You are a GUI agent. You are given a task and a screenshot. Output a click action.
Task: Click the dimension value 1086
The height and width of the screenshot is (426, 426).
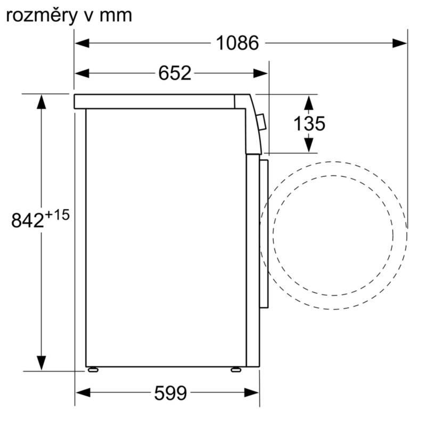pyautogui.click(x=237, y=43)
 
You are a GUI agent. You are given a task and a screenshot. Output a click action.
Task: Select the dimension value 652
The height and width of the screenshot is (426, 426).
pyautogui.click(x=174, y=73)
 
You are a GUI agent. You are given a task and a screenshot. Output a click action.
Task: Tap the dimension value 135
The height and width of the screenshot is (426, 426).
pyautogui.click(x=309, y=124)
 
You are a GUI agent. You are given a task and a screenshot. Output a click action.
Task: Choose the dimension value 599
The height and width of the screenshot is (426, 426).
pyautogui.click(x=170, y=394)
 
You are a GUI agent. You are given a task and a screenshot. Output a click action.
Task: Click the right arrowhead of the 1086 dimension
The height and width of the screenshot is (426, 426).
pyautogui.click(x=400, y=43)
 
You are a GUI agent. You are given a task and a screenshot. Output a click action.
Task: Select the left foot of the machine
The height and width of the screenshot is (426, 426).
pyautogui.click(x=94, y=368)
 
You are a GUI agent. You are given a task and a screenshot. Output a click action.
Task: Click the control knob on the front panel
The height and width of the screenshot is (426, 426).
pyautogui.click(x=261, y=122)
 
